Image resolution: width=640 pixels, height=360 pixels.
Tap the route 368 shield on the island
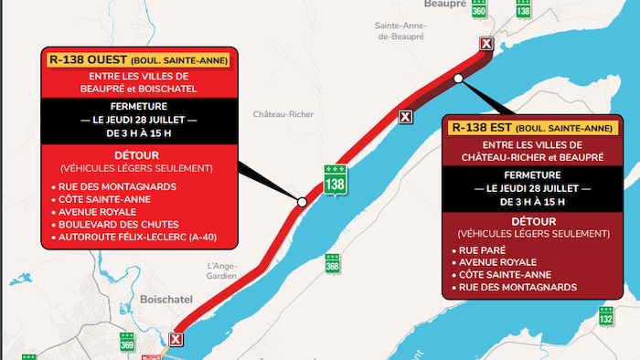(332, 263)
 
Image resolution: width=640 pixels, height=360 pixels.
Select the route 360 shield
(480, 7)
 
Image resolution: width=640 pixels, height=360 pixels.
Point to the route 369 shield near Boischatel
(126, 342)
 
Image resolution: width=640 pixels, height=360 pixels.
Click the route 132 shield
(605, 317)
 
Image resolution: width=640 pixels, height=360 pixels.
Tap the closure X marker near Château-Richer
(405, 116)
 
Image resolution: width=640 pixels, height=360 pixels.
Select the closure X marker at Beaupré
(485, 44)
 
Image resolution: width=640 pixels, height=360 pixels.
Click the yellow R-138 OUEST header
(137, 61)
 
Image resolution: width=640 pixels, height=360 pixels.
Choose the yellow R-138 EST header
(532, 128)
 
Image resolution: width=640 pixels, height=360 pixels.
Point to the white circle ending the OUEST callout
(302, 201)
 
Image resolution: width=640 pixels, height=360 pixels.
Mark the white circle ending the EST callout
(458, 79)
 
